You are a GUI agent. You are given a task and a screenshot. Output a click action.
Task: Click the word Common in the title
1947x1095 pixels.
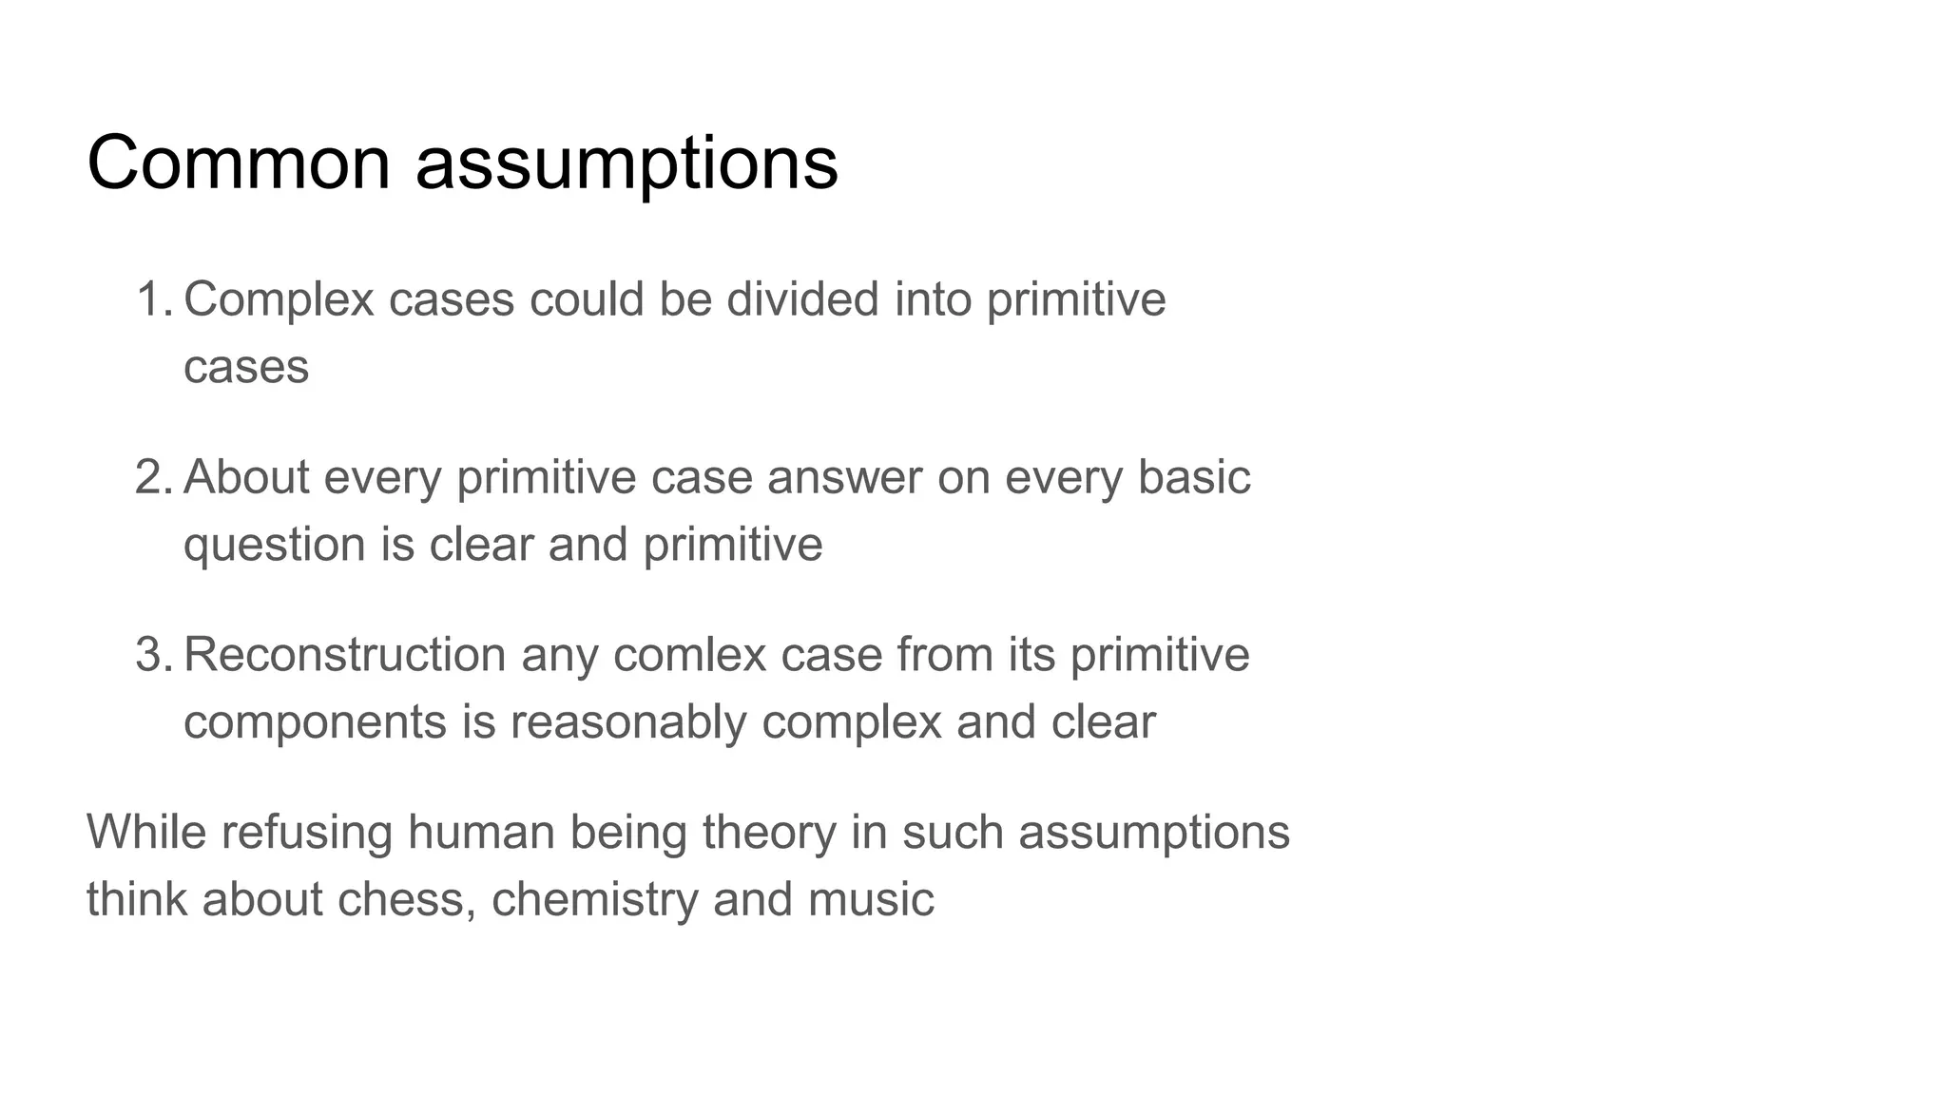(x=239, y=163)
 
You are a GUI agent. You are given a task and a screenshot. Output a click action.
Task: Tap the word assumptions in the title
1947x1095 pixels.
(x=627, y=163)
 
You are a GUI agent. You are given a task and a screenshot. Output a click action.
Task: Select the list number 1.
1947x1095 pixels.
(x=152, y=299)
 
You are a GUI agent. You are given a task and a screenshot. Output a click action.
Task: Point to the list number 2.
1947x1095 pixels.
(x=152, y=477)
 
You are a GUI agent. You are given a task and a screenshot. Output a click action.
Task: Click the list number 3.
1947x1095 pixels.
(x=152, y=655)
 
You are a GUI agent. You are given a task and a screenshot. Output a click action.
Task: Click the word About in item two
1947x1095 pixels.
(x=245, y=477)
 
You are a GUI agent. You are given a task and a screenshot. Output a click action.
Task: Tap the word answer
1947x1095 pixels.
(x=844, y=477)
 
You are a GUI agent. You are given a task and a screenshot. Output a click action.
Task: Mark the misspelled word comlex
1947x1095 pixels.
(x=689, y=655)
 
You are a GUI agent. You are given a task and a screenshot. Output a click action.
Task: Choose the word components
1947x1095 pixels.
(x=315, y=722)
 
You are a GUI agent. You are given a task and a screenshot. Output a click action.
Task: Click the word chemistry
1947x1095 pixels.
(x=594, y=899)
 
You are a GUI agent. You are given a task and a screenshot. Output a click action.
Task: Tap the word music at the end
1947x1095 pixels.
(x=871, y=899)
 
